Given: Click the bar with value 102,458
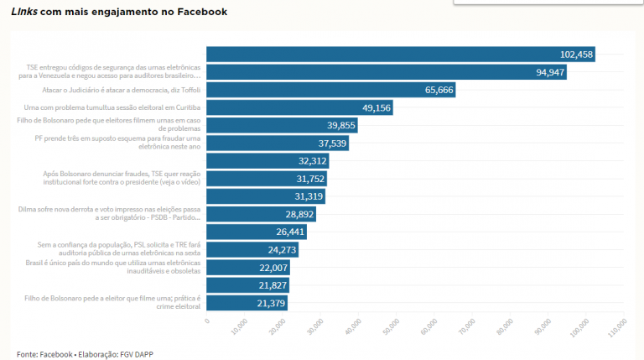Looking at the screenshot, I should (x=400, y=55).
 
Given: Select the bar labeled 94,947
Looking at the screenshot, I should (x=386, y=72).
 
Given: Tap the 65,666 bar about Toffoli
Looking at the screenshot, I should (x=330, y=90).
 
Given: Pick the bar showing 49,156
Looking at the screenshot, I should (x=299, y=107).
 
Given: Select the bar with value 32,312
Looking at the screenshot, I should (x=267, y=161).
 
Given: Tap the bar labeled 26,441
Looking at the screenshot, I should (x=256, y=232).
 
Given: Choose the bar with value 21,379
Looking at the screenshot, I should (x=247, y=303).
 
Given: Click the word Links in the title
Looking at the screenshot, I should (x=23, y=13).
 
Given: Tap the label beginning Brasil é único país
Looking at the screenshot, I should (x=109, y=267).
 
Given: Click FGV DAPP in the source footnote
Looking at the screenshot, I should (x=134, y=354).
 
